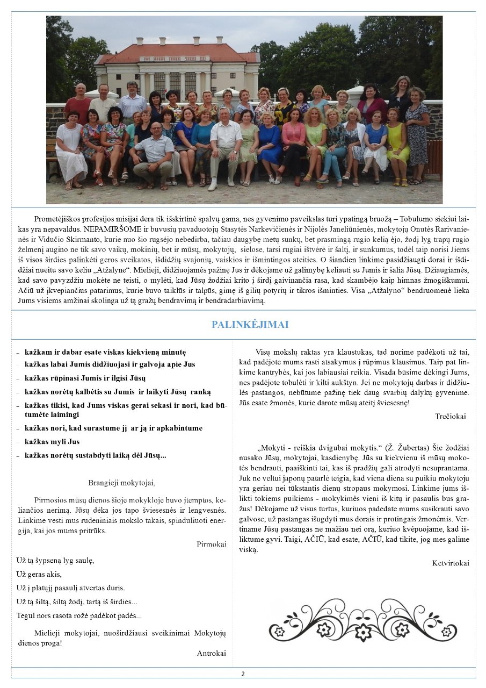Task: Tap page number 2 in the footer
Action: [x=243, y=673]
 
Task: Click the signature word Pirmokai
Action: [x=212, y=544]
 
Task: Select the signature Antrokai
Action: [x=212, y=653]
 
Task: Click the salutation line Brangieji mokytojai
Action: [x=121, y=483]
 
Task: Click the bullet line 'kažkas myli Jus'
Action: [x=52, y=442]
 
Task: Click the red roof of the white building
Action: [x=177, y=53]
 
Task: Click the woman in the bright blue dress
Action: [x=269, y=142]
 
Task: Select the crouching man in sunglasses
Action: [x=154, y=153]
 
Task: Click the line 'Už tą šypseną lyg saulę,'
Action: [x=55, y=560]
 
